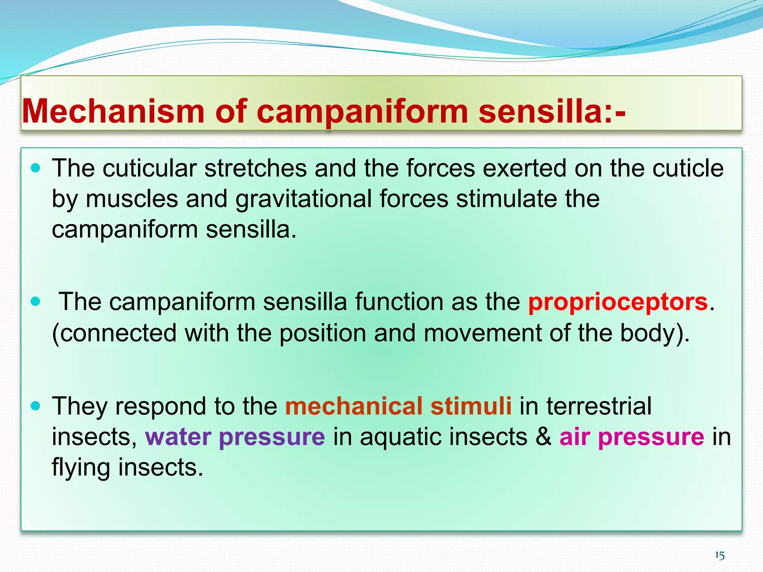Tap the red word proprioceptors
[x=618, y=302]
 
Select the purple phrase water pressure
[x=235, y=437]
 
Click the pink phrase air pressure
[x=631, y=437]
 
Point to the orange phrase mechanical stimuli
[x=398, y=406]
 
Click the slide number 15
[x=719, y=556]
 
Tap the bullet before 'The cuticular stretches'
[x=35, y=169]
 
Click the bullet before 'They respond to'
[x=35, y=406]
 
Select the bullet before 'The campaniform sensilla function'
[x=35, y=301]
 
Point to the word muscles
[x=132, y=199]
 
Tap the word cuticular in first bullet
[x=149, y=168]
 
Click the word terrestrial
[x=599, y=406]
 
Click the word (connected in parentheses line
[x=114, y=333]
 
